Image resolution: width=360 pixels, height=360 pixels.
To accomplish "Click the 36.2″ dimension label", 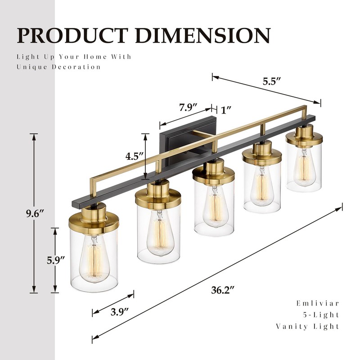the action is (222, 290).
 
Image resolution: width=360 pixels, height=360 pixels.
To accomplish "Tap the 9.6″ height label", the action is (35, 214).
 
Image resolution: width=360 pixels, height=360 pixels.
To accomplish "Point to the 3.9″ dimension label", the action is (119, 312).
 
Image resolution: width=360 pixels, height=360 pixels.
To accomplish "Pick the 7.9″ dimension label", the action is (189, 107).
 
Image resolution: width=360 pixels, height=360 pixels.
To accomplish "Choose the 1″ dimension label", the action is (226, 110).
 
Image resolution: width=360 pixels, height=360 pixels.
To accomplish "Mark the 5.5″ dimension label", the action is (272, 81).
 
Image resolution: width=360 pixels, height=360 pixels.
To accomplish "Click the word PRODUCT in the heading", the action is (72, 36).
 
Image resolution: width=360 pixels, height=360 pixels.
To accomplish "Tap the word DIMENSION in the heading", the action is (203, 36).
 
